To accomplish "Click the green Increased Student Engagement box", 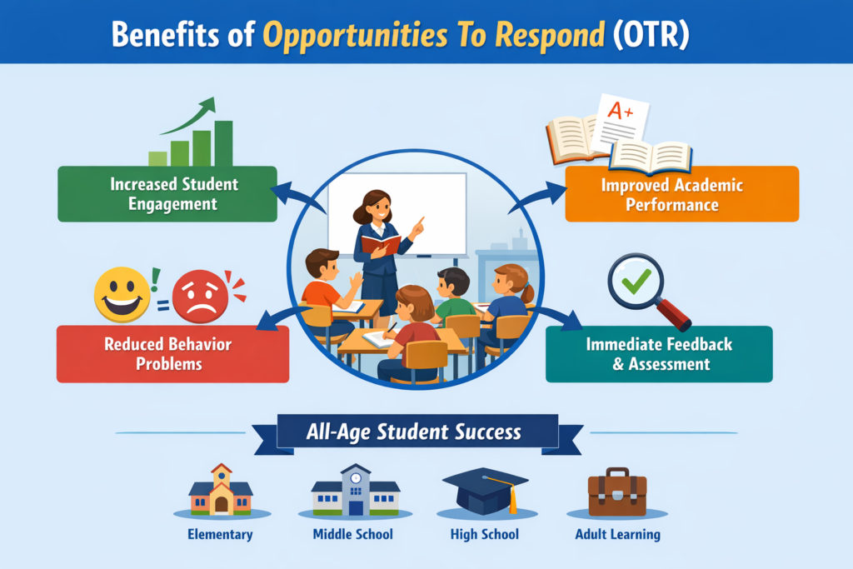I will click(167, 193).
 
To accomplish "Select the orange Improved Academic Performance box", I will click(681, 193).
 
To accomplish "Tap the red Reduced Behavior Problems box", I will click(172, 353).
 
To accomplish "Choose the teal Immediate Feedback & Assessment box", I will click(659, 353).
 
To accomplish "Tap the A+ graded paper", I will click(624, 122).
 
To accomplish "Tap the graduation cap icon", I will click(485, 490).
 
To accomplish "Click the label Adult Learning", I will click(617, 534).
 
